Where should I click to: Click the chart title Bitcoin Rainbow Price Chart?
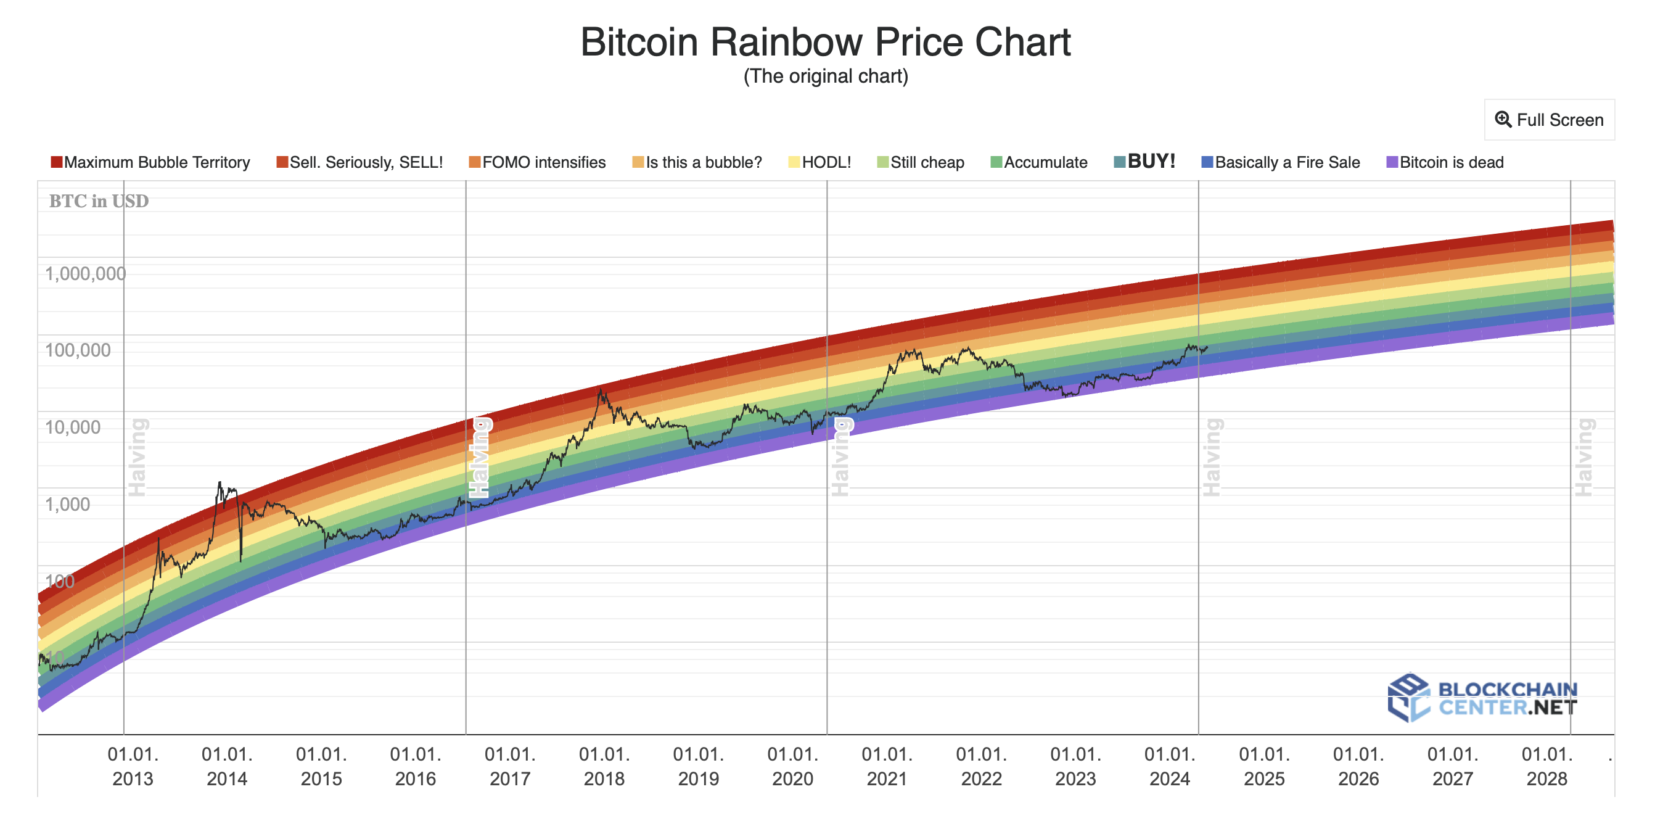825,43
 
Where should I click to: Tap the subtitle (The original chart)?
825,76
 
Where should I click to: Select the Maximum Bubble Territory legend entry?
150,162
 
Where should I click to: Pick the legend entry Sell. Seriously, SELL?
359,162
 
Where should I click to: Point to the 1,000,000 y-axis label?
85,274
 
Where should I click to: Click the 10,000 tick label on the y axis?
72,427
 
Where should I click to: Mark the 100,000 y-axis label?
77,350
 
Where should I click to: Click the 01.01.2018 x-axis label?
604,766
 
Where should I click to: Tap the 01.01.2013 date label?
133,766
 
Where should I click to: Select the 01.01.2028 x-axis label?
1546,766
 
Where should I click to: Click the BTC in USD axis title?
98,201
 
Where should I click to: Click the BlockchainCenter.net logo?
1482,698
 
